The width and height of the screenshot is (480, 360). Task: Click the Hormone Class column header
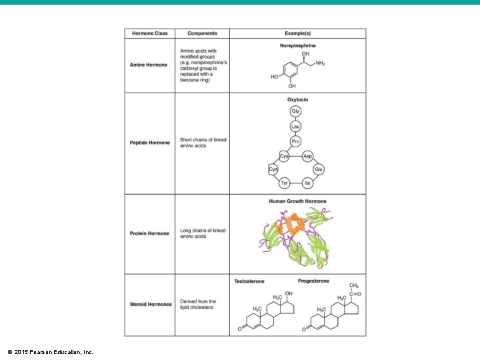149,33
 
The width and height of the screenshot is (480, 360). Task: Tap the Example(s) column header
297,33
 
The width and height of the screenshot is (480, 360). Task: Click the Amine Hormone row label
149,65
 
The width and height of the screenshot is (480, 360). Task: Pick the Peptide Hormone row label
150,143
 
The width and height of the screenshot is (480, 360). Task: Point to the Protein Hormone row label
149,233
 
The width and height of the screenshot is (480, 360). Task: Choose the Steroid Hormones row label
151,305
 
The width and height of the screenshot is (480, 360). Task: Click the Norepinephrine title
297,45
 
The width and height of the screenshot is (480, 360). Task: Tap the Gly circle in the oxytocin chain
295,111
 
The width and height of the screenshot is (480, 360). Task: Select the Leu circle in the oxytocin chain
295,126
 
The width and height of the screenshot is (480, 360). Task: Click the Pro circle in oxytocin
295,141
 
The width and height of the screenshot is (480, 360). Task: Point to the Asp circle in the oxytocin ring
307,156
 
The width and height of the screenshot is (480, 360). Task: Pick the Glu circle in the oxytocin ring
318,170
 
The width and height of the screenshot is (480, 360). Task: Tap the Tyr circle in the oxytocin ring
284,183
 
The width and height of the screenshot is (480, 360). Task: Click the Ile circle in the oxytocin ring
307,183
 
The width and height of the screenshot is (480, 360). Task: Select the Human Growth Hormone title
297,201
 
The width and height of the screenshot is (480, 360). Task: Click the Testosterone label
249,281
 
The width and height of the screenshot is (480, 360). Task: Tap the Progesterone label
313,281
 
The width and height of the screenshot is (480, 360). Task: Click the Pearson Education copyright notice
50,351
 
